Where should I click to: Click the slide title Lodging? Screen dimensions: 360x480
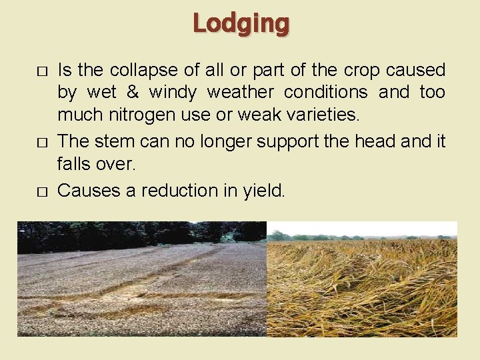coord(241,24)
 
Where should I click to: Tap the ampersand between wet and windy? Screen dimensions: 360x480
coord(128,92)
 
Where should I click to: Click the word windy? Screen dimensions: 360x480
coord(172,92)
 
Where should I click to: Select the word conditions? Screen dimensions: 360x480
coord(329,92)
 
